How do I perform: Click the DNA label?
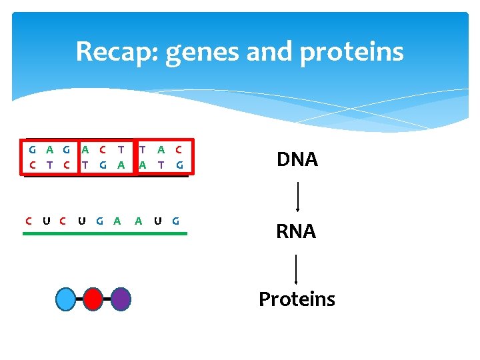coord(297,160)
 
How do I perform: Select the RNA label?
coord(297,231)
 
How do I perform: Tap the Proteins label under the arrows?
coord(297,299)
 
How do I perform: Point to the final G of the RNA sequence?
coord(175,221)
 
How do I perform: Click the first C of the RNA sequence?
coord(28,221)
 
